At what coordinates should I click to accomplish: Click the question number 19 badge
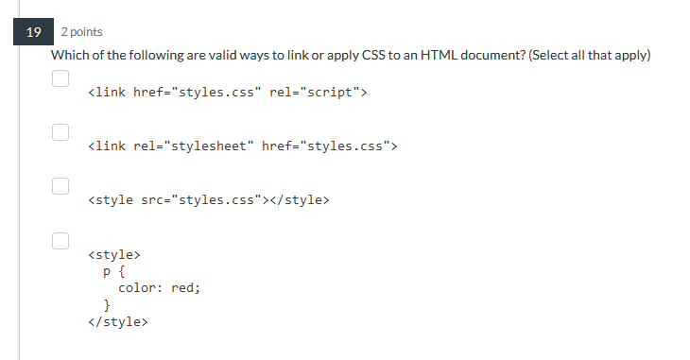(34, 32)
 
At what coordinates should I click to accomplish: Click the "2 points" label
(81, 32)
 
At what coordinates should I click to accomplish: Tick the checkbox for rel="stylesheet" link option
(60, 132)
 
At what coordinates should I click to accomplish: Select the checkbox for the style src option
(60, 186)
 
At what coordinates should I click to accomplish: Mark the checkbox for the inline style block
(60, 240)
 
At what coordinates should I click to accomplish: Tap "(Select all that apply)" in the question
(591, 55)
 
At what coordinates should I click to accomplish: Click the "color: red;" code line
(159, 288)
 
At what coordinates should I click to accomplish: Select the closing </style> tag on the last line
(117, 322)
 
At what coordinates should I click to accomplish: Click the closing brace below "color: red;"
(107, 305)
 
